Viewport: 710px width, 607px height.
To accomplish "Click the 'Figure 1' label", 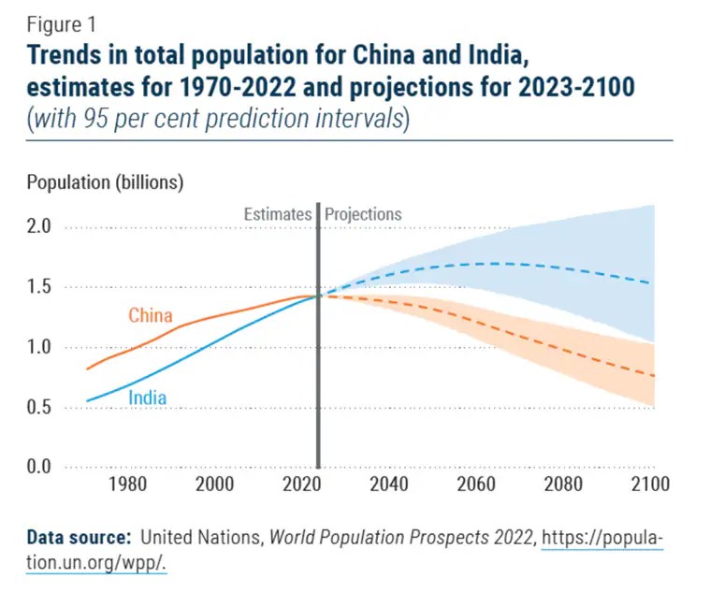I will [x=61, y=25].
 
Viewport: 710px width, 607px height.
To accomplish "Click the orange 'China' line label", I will [x=150, y=315].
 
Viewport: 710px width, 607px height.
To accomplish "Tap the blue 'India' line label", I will [x=147, y=397].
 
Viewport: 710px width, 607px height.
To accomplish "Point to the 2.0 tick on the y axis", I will [x=38, y=226].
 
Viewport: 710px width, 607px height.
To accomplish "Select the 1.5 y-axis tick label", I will [x=38, y=287].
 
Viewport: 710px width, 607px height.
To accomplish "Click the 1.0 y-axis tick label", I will [x=38, y=347].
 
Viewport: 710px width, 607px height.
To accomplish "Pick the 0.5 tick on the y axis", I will [x=38, y=407].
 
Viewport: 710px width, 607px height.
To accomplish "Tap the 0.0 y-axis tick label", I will [x=38, y=467].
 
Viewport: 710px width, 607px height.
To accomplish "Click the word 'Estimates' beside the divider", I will [x=277, y=214].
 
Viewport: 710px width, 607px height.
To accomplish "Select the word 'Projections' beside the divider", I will [x=363, y=214].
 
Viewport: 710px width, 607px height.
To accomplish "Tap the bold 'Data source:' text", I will [x=79, y=538].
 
